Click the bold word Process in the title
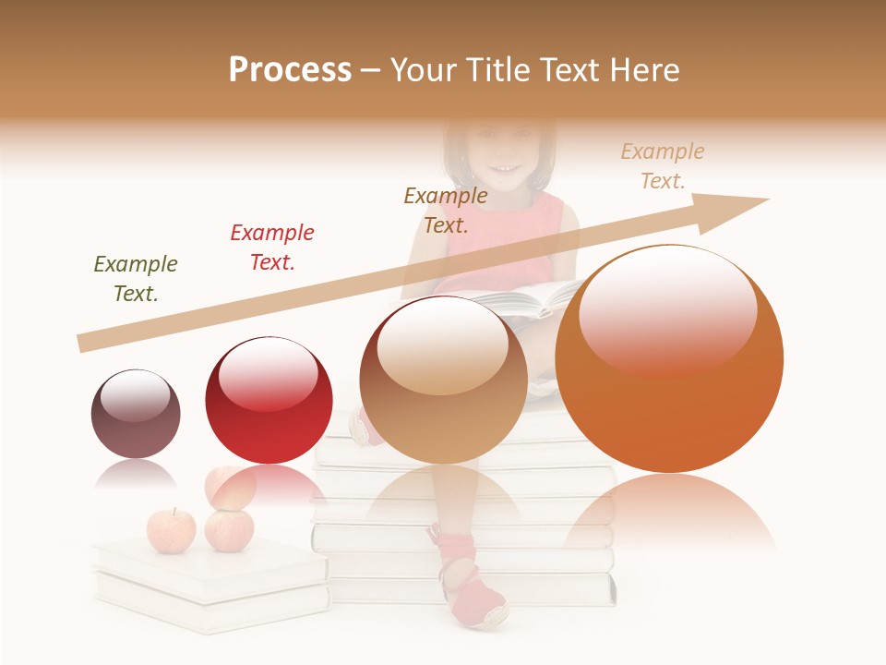tap(290, 70)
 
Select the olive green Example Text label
tap(136, 279)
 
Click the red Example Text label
tap(272, 248)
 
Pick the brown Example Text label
tap(446, 211)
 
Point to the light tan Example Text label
tap(662, 166)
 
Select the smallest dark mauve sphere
tap(136, 414)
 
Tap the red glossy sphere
tap(269, 400)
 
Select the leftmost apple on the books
tap(171, 530)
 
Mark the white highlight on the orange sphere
tap(667, 308)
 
